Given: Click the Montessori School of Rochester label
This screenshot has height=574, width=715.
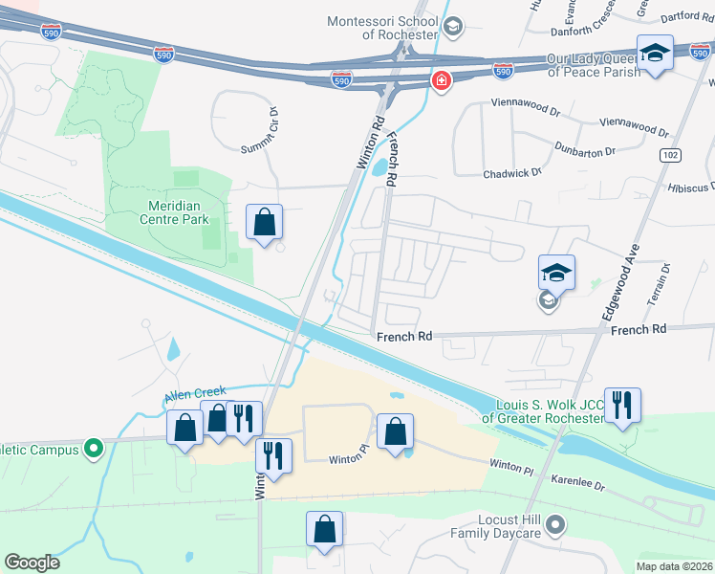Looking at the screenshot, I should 381,28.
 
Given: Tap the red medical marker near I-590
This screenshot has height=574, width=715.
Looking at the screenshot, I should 441,80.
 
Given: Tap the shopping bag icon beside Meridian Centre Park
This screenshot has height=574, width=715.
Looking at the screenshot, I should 265,223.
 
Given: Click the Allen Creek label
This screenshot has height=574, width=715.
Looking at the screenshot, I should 194,391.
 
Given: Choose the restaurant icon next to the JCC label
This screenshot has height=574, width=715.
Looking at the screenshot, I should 622,406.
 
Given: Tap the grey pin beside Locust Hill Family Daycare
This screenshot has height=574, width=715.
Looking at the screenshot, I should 558,524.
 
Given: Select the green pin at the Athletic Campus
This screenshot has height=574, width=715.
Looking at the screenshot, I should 93,447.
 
